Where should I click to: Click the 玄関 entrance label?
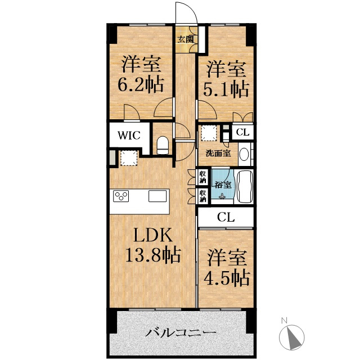[x=185, y=39]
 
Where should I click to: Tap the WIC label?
[x=129, y=136]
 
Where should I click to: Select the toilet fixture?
[x=163, y=145]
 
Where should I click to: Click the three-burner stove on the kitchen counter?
[x=121, y=196]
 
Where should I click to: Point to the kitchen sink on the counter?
[x=157, y=196]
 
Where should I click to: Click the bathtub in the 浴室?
[x=244, y=187]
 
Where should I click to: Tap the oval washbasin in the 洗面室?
[x=244, y=155]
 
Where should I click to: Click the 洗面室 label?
[x=218, y=154]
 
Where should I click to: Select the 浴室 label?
[x=223, y=184]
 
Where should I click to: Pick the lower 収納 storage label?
[x=203, y=196]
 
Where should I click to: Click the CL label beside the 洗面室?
[x=242, y=132]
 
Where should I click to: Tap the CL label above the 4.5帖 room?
[x=226, y=217]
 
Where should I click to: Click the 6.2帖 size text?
[x=141, y=84]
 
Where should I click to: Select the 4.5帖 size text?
[x=227, y=278]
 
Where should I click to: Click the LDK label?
[x=153, y=235]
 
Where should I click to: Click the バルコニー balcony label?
[x=181, y=332]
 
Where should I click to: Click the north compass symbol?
[x=291, y=336]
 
